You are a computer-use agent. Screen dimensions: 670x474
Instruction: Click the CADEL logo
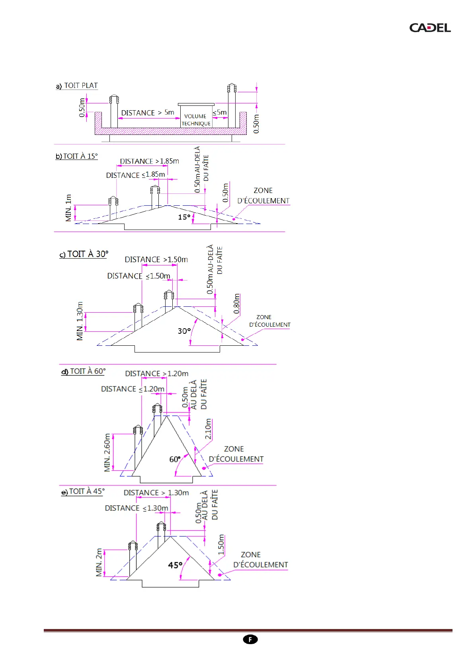tap(430, 28)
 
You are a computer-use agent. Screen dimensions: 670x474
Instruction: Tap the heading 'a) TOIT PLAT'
tap(77, 86)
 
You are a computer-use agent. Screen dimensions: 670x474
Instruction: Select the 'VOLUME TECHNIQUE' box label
tap(196, 120)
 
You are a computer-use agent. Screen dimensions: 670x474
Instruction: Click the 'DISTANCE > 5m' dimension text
tap(148, 113)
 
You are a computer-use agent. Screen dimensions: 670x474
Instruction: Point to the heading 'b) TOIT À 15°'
tap(77, 156)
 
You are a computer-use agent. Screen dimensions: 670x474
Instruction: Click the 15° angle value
tap(184, 217)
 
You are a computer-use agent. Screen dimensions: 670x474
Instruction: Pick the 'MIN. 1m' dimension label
tap(69, 208)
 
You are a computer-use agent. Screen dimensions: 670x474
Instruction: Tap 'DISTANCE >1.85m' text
tap(150, 161)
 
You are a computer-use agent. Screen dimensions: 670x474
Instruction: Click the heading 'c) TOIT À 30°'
tap(84, 254)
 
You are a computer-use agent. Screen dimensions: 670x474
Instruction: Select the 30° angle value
tap(184, 331)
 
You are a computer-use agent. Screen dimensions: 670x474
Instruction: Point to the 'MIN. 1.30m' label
tap(80, 321)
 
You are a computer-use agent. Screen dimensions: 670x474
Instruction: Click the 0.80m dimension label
tap(237, 304)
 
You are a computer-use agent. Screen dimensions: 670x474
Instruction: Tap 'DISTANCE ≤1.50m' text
tap(139, 276)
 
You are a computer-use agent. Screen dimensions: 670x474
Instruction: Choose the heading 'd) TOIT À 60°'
tap(84, 371)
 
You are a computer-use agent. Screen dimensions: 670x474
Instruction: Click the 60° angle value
tap(175, 460)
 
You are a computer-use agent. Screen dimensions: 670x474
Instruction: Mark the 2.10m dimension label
tap(208, 429)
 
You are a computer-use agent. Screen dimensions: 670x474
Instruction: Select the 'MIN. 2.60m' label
tap(107, 453)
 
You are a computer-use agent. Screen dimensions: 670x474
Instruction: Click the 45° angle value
tap(175, 565)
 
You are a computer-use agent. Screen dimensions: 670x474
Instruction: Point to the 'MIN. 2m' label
tap(99, 563)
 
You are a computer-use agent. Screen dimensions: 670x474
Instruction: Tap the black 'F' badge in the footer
tap(250, 639)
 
